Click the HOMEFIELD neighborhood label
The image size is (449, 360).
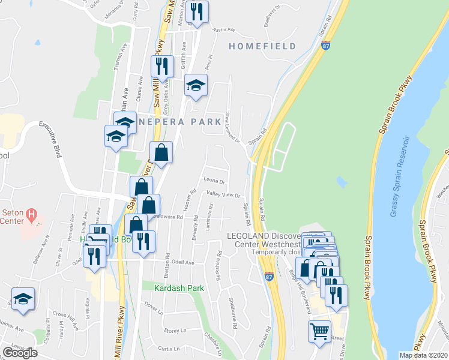point(262,46)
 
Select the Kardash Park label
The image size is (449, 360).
point(179,288)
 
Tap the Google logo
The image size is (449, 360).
point(20,352)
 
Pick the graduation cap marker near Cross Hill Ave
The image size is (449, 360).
point(23,298)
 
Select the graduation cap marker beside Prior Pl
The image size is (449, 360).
point(195,85)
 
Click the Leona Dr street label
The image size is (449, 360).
point(214,180)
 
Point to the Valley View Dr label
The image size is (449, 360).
point(223,195)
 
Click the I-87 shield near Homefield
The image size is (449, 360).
point(325,46)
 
